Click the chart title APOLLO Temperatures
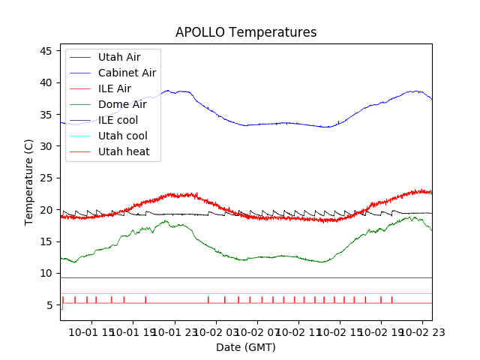246,32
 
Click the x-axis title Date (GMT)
246,347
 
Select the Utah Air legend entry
118,57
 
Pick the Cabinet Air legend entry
127,73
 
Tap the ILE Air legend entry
115,88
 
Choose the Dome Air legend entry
121,104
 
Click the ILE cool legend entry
118,120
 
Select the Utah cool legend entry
122,136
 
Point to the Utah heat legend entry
124,151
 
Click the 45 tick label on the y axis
46,51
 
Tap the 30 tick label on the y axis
46,146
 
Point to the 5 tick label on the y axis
49,305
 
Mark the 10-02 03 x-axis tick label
216,332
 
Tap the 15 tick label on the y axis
46,241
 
